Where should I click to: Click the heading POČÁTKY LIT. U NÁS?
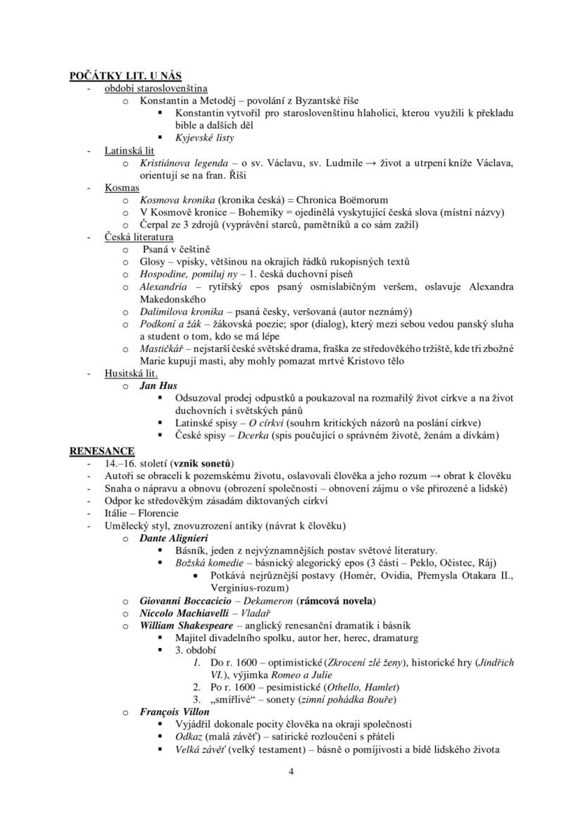(125, 76)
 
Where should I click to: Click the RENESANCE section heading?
(101, 450)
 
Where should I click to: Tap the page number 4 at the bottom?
(291, 771)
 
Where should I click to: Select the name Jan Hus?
(158, 386)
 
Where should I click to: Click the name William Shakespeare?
(186, 625)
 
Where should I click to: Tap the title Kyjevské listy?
(204, 138)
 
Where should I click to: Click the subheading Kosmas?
(122, 188)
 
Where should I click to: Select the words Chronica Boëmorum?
(337, 200)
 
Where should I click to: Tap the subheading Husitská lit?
(131, 374)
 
